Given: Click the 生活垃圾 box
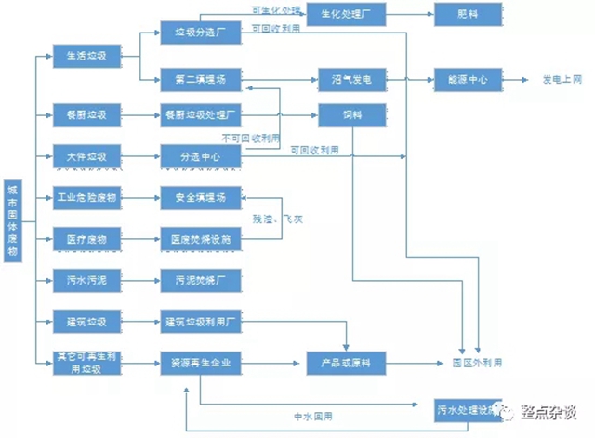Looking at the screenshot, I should [x=87, y=56].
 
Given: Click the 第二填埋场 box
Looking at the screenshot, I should [x=200, y=80].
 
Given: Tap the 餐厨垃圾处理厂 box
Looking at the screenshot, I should [x=200, y=116].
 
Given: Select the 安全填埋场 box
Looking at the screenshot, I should [x=200, y=197].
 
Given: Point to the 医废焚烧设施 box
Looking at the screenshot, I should [x=200, y=239].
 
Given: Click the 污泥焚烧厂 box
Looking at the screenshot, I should [x=200, y=279].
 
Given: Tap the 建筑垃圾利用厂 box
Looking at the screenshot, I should [x=200, y=322].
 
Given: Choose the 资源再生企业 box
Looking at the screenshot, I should [x=200, y=362].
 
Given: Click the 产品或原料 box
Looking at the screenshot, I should [x=345, y=362].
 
